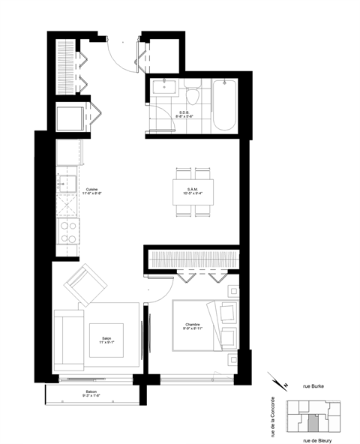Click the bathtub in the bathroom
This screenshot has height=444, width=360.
(223, 104)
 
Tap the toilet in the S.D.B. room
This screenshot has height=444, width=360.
(193, 94)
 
